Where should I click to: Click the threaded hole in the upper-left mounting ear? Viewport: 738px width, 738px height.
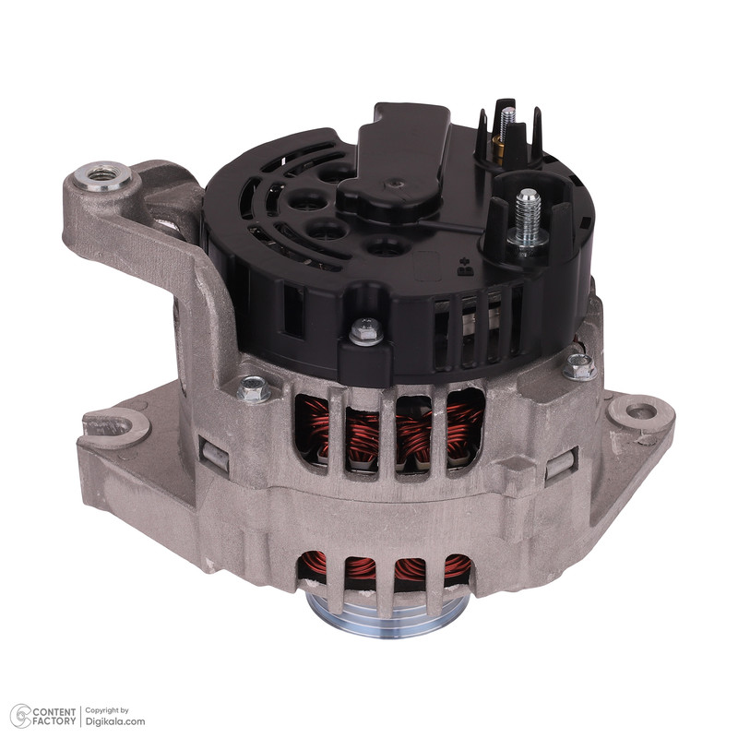103,175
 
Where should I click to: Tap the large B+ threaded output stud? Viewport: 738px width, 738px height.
527,219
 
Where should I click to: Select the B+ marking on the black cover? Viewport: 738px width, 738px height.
466,267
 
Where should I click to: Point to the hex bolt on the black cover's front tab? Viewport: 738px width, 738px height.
366,331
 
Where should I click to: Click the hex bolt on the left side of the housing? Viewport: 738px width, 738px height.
254,389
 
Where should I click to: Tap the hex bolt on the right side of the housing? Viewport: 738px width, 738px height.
580,367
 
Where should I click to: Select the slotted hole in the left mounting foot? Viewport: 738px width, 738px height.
113,426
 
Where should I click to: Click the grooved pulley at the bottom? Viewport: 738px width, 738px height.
388,615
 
